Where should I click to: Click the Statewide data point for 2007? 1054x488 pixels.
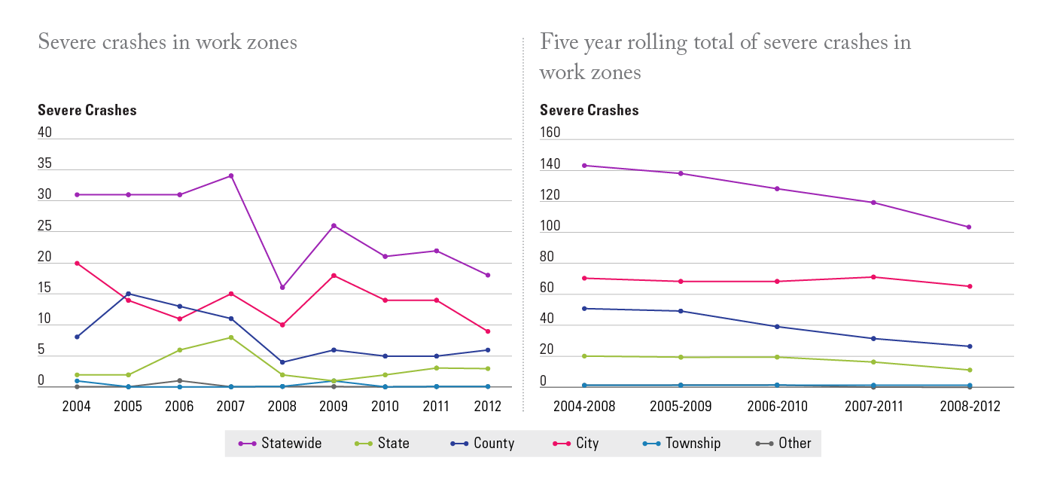point(231,176)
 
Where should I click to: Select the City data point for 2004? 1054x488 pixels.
point(77,264)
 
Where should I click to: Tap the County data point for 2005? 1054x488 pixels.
point(128,294)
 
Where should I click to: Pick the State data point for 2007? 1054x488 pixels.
point(231,337)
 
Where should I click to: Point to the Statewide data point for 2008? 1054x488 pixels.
point(282,288)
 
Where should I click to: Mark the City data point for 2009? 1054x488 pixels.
point(334,276)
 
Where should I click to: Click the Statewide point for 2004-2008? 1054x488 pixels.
point(584,166)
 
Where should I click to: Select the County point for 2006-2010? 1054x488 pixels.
point(777,327)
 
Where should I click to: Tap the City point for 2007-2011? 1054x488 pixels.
point(873,277)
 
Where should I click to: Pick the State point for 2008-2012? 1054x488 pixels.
point(969,370)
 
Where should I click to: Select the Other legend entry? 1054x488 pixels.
point(784,444)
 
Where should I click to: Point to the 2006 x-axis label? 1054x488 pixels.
point(179,407)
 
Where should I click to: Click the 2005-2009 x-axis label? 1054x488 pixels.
point(681,407)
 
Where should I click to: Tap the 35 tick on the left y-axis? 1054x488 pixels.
point(45,163)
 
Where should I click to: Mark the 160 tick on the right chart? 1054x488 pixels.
point(550,133)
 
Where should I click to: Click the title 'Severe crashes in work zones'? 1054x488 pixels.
point(167,42)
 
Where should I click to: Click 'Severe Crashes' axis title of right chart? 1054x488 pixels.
point(589,110)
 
